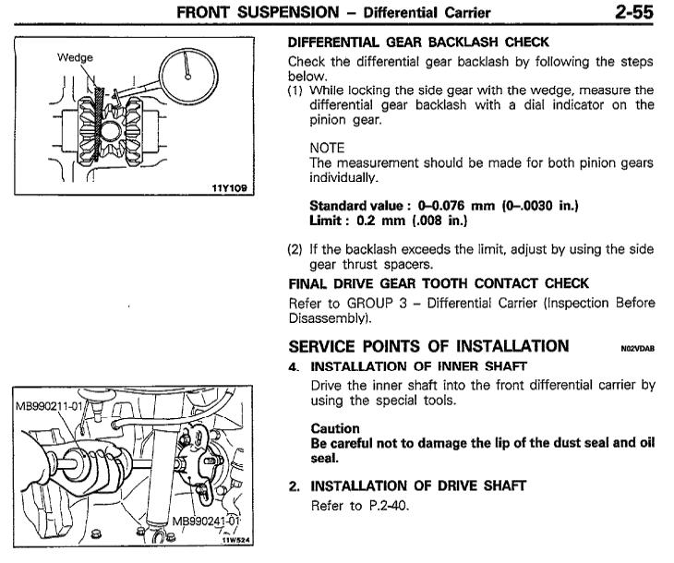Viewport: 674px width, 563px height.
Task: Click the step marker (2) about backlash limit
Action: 297,248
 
